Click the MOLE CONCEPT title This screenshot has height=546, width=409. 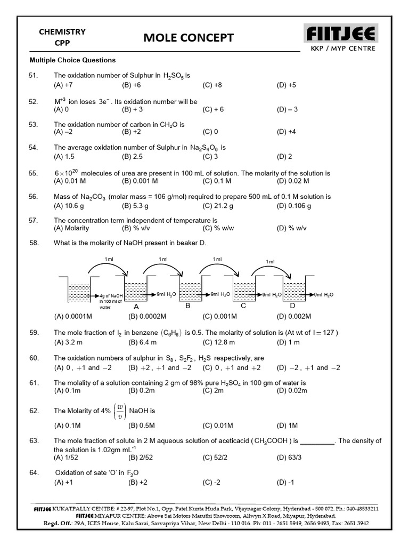(189, 37)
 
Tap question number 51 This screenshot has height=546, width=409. (34, 76)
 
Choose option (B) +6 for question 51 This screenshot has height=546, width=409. (131, 85)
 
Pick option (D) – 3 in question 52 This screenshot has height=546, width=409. (287, 109)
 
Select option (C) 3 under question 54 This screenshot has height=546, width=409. (210, 156)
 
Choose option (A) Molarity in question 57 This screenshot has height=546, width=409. (71, 228)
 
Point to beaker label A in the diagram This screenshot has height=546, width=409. (136, 307)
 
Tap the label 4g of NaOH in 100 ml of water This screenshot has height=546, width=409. (111, 301)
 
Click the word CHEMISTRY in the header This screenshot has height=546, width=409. (62, 32)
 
